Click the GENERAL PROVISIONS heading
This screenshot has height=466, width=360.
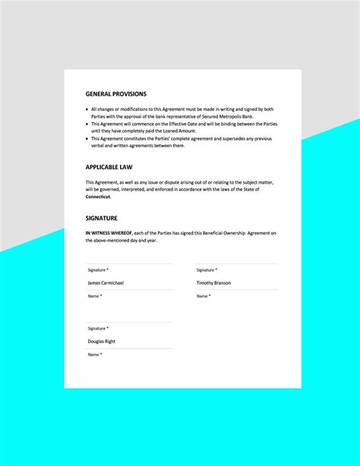coord(116,94)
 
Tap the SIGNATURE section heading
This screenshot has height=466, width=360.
coord(102,219)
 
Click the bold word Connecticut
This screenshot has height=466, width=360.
coord(98,197)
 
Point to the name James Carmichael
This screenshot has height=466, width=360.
coord(106,283)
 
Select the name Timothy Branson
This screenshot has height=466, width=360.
coord(213,283)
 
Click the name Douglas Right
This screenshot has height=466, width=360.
coord(101,342)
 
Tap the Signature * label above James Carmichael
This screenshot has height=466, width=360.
coord(98,270)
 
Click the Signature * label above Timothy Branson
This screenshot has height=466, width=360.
coord(206,270)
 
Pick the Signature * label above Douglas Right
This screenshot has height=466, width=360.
coord(98,329)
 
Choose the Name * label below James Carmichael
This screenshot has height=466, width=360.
coord(95,296)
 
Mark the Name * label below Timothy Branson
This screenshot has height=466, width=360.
coord(203,296)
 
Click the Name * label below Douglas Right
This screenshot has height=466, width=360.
coord(95,354)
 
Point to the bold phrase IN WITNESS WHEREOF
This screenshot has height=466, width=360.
coord(109,232)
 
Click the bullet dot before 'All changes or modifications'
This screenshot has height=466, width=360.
coord(87,109)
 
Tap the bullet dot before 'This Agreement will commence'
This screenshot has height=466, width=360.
coord(87,124)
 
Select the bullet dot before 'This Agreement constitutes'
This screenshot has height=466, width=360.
coord(87,138)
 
